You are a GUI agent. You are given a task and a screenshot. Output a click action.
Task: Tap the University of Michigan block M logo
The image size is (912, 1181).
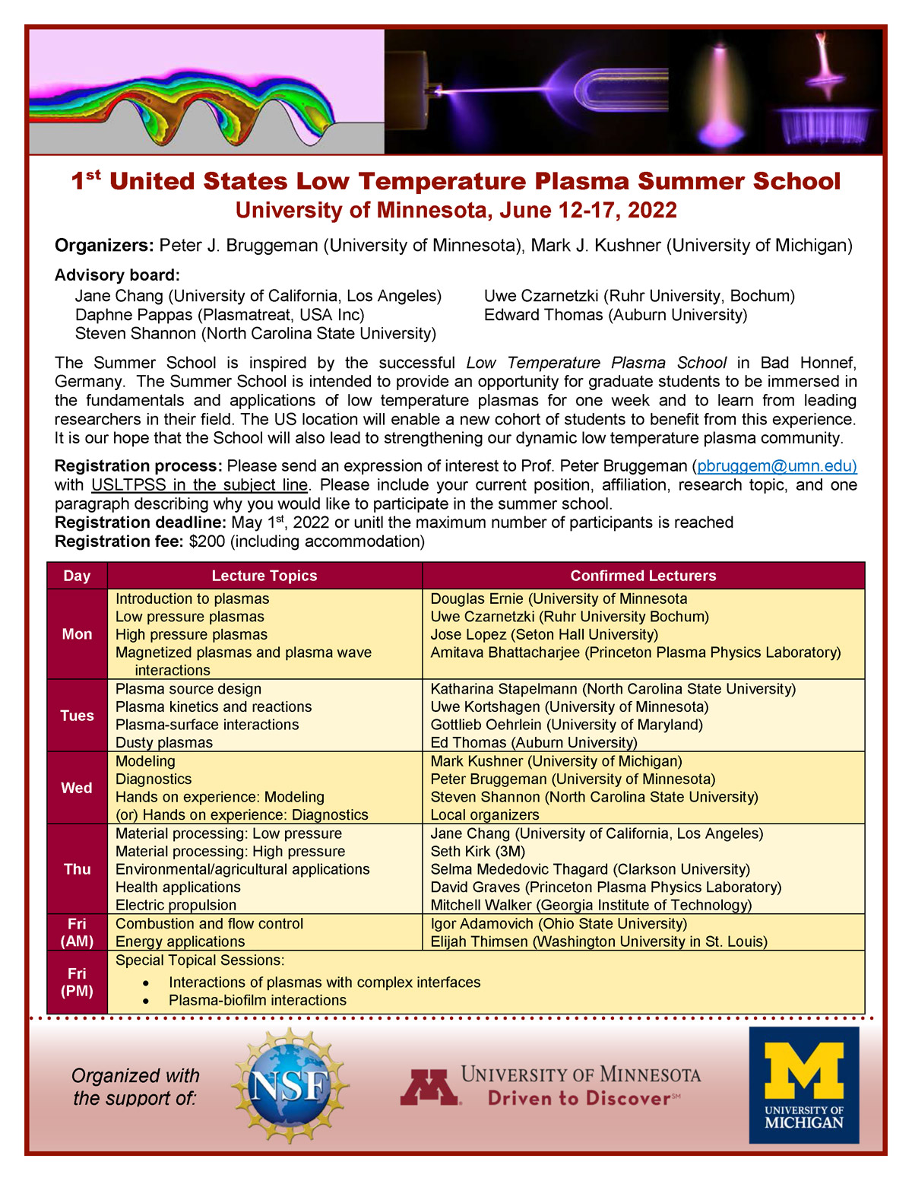804,1074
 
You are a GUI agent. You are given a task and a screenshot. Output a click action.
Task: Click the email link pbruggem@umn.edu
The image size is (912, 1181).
777,466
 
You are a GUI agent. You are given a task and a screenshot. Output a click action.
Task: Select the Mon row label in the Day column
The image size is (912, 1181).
77,634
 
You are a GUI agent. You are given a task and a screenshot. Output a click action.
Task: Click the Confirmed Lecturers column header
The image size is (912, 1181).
643,576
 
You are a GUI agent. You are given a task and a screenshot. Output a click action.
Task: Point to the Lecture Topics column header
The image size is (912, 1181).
264,576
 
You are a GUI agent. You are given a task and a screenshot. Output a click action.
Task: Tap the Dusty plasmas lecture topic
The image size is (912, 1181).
163,742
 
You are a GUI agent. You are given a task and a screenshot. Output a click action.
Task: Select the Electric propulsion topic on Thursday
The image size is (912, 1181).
176,905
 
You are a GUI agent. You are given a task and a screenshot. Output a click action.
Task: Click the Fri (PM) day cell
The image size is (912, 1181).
77,982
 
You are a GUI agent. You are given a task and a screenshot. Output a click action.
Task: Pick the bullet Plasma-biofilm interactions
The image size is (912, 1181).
257,1000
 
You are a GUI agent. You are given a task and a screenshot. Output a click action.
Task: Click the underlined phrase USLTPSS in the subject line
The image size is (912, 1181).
199,485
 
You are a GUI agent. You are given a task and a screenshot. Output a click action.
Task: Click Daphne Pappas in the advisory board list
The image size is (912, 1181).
220,315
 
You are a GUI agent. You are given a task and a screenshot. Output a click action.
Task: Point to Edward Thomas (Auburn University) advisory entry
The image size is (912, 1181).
615,315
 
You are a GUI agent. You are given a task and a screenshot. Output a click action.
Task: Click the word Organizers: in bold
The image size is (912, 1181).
104,246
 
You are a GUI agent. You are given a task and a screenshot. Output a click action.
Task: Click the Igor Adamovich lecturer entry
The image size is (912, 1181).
558,923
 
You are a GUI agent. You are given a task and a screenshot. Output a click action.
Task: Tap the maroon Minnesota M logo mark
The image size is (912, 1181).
429,1087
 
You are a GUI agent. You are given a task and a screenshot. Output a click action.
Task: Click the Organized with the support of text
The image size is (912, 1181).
135,1087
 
